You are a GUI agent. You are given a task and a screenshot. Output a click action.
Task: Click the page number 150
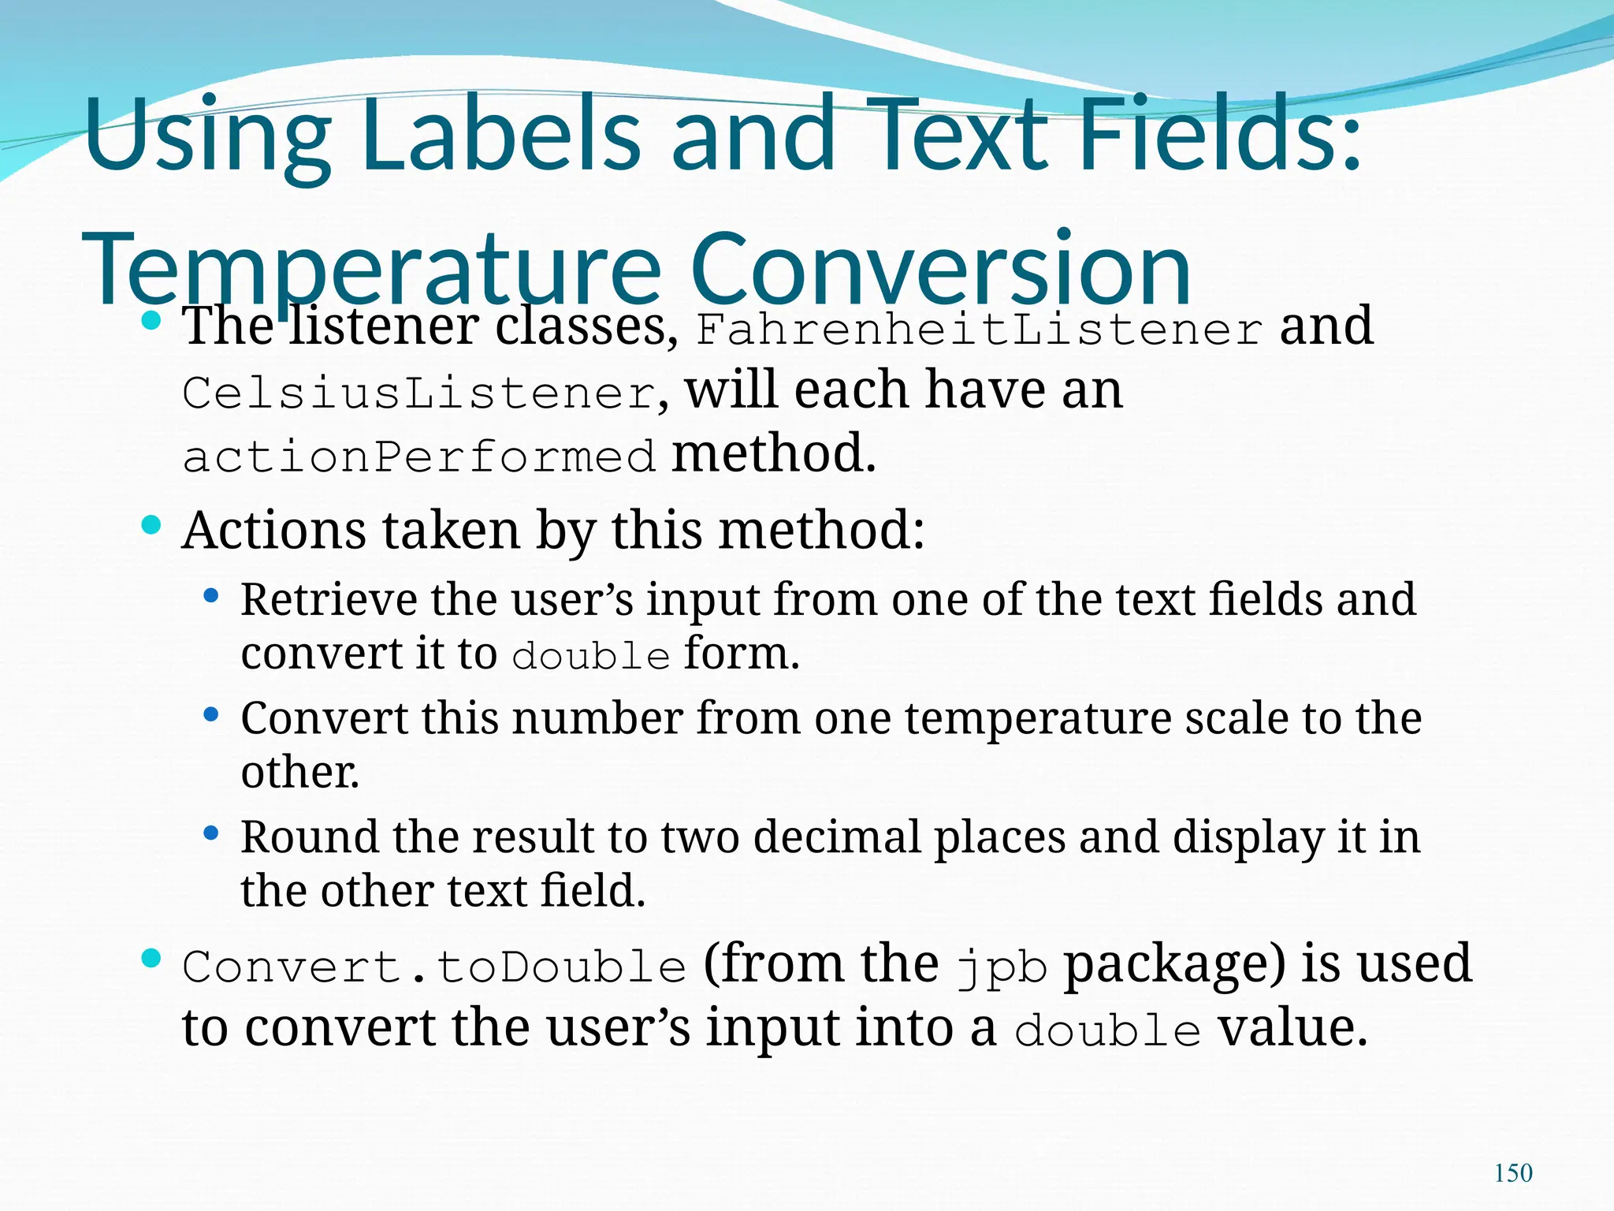[1513, 1172]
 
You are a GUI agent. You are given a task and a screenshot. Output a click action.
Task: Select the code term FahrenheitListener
[980, 330]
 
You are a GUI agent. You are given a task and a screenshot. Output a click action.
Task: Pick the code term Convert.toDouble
[434, 967]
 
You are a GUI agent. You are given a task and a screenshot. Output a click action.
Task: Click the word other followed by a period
[299, 772]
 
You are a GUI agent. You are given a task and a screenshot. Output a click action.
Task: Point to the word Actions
[273, 530]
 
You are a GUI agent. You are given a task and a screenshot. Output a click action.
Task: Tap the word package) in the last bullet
[1174, 965]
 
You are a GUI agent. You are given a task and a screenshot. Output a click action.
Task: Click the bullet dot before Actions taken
[151, 525]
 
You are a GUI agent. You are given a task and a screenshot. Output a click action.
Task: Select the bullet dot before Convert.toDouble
[151, 959]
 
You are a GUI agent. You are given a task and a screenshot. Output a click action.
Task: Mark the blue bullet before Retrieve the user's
[210, 596]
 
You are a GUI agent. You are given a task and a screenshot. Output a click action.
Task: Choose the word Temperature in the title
[370, 270]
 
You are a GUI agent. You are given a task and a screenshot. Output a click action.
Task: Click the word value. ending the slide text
[1292, 1029]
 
